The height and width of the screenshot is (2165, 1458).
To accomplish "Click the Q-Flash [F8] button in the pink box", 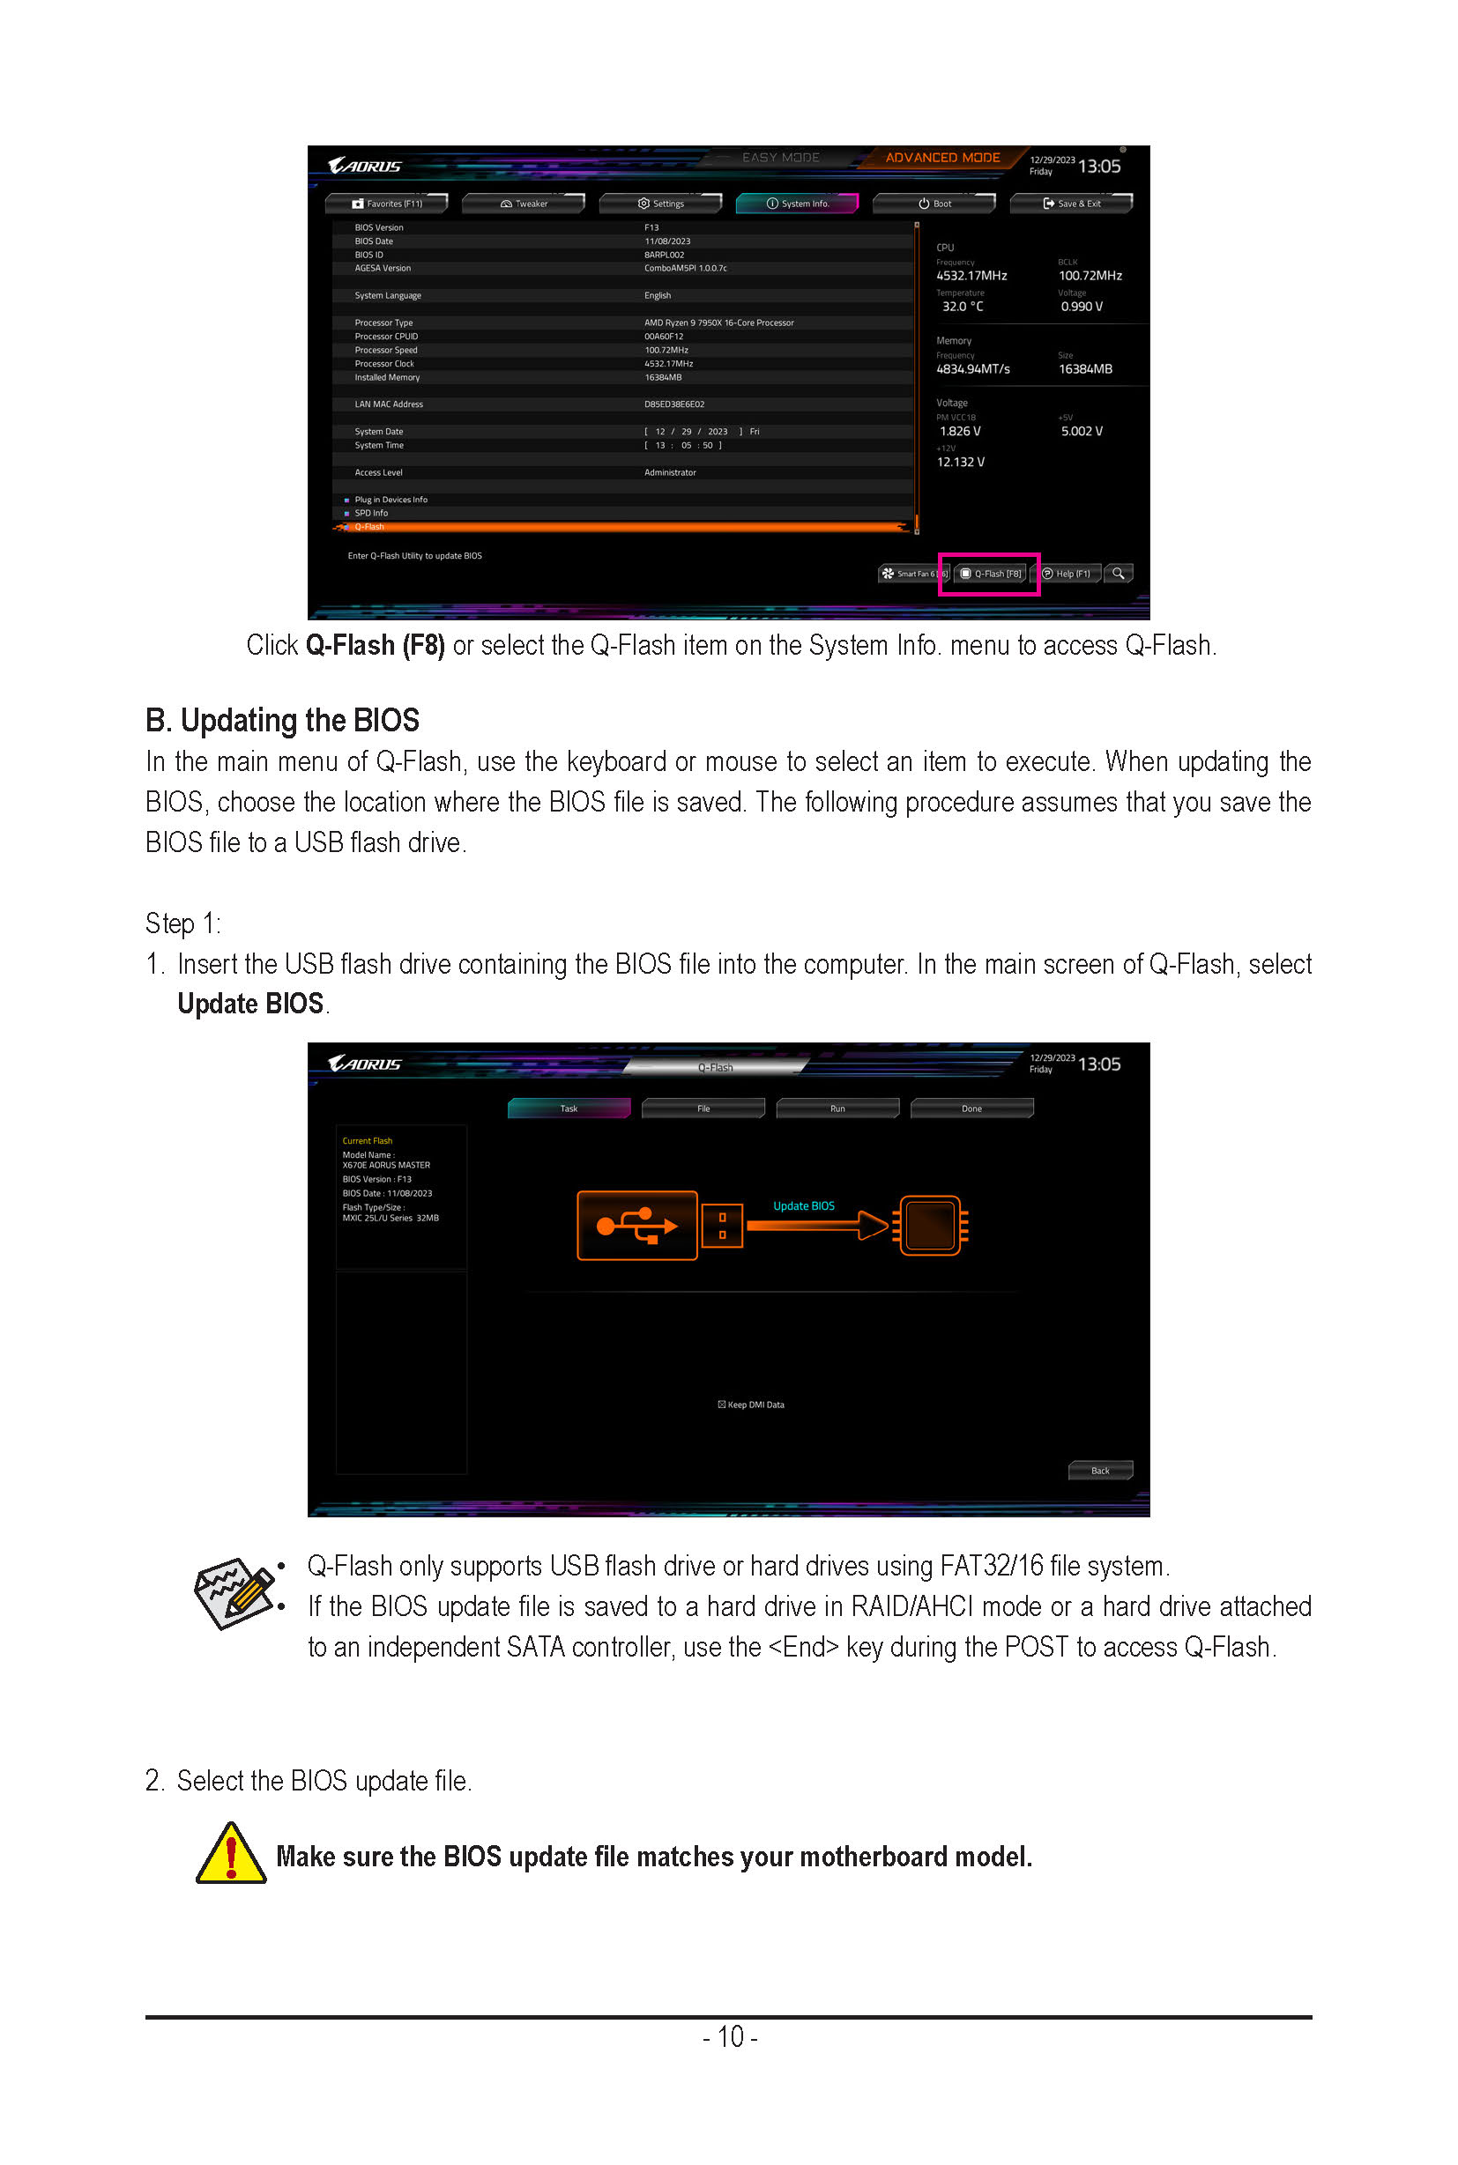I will [x=991, y=574].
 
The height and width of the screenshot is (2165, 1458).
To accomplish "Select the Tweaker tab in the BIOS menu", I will [x=524, y=204].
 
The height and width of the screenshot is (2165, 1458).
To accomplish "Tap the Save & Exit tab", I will [x=1071, y=204].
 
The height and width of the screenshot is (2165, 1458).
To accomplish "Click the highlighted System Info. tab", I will [x=797, y=204].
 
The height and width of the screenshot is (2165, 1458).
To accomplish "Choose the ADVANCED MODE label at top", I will [x=942, y=158].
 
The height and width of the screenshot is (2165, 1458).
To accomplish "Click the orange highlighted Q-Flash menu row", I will [x=621, y=527].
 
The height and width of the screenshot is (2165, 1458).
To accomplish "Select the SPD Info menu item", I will [x=371, y=513].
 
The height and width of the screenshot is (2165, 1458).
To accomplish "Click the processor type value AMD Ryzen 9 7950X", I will [x=718, y=323].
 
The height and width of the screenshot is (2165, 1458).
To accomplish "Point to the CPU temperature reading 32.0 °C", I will [x=962, y=307].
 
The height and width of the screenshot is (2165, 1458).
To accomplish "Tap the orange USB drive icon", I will [x=637, y=1225].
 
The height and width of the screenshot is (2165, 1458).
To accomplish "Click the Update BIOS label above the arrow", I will [x=803, y=1205].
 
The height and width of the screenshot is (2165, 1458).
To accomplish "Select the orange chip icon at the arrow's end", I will [x=930, y=1225].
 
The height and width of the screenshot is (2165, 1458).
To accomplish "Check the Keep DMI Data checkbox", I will [x=722, y=1405].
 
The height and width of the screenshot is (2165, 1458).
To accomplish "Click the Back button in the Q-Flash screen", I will [x=1099, y=1471].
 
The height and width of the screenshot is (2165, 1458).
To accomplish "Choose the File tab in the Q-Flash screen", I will [x=703, y=1108].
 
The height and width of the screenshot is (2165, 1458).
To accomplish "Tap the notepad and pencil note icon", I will [x=234, y=1593].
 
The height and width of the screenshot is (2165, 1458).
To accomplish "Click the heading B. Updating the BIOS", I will [x=282, y=721].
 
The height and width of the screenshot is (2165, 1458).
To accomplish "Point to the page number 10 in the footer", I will [x=730, y=2036].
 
